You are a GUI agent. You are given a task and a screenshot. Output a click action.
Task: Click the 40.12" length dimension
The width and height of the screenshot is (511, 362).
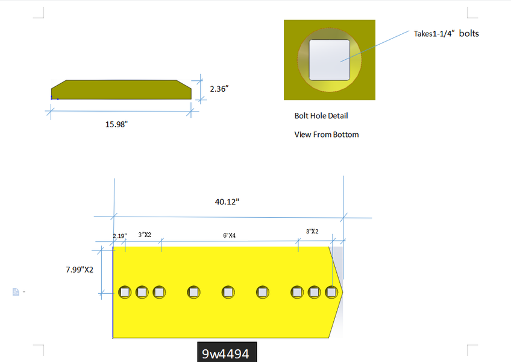click(227, 202)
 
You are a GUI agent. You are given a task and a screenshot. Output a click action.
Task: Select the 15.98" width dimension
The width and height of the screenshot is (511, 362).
click(117, 124)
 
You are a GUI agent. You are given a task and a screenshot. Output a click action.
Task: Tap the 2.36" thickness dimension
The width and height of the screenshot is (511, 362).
click(219, 89)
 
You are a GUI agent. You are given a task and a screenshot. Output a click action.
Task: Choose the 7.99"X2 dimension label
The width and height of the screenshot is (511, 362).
click(80, 270)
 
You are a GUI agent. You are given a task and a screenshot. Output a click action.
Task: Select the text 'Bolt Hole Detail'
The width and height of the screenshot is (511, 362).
click(321, 115)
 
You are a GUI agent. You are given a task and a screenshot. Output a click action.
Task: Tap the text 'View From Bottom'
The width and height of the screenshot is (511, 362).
click(326, 135)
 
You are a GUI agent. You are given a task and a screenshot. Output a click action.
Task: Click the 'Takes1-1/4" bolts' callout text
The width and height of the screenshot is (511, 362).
click(446, 34)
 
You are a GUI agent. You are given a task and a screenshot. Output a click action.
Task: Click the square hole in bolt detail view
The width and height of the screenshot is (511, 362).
click(329, 60)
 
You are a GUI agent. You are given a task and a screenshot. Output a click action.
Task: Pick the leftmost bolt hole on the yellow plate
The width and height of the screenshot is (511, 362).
click(125, 293)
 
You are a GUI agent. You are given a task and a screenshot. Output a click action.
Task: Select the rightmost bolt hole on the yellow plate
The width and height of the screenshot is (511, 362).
click(331, 293)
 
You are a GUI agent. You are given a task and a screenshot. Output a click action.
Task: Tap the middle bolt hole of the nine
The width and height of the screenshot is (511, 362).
click(228, 293)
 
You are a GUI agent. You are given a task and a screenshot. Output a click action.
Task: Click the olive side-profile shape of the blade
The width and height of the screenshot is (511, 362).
click(121, 90)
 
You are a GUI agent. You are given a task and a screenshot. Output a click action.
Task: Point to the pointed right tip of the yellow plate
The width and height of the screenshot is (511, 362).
click(341, 292)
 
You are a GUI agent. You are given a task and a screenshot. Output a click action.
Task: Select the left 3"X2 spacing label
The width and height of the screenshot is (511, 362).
click(145, 234)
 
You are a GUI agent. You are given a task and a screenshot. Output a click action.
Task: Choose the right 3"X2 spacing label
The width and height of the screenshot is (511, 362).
click(312, 231)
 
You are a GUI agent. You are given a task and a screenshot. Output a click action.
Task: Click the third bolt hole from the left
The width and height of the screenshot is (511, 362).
click(159, 293)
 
